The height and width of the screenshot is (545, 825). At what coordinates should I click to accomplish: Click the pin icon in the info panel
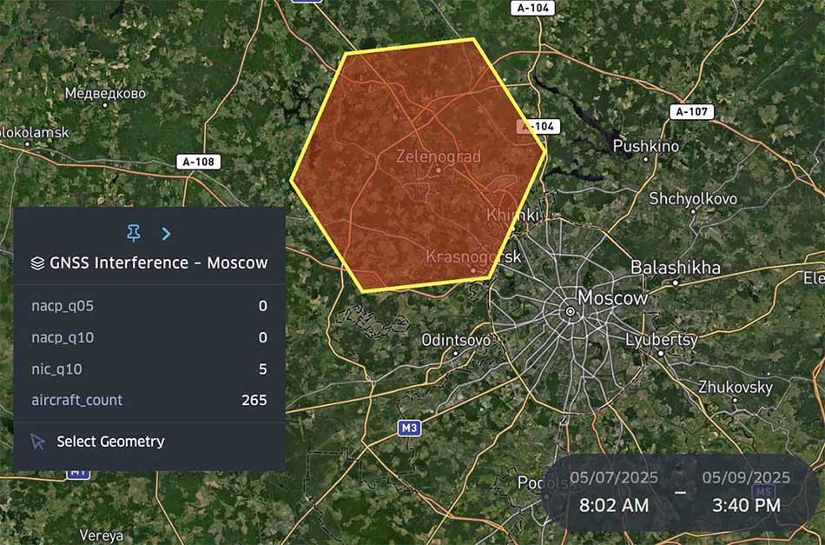click(133, 233)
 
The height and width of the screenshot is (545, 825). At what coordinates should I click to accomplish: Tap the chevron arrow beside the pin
click(166, 233)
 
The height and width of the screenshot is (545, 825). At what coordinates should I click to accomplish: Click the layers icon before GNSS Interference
click(37, 263)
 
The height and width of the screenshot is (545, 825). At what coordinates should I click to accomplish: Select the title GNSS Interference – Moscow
click(159, 263)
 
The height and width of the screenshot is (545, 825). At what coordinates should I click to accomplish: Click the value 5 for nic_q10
click(262, 369)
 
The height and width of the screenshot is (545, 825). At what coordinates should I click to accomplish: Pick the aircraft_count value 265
click(254, 401)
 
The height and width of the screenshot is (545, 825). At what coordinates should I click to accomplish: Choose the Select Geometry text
click(110, 442)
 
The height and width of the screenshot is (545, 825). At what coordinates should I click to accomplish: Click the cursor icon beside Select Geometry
click(37, 442)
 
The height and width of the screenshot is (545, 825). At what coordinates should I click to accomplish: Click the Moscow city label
click(612, 297)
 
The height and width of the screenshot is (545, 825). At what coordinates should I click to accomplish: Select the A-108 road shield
click(198, 162)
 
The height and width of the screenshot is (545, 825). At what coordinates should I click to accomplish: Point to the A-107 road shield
click(691, 112)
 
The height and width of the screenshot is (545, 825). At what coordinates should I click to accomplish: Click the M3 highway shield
click(409, 428)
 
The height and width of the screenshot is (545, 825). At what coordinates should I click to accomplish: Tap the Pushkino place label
click(646, 146)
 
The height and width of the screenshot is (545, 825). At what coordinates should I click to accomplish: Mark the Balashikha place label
click(676, 267)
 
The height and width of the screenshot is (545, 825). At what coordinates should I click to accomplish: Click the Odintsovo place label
click(456, 340)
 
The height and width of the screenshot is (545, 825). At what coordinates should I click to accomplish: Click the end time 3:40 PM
click(746, 505)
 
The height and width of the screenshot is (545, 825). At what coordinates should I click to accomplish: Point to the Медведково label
click(105, 93)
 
